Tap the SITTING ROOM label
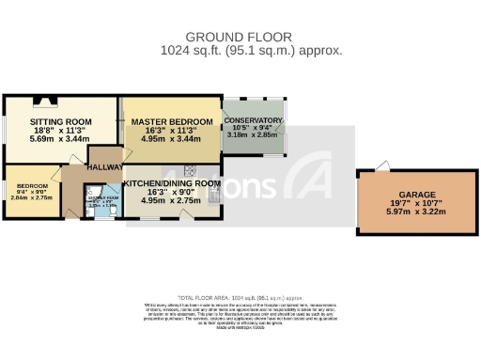[x=60, y=122]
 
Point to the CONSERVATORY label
[x=253, y=121]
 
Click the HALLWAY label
[x=104, y=166]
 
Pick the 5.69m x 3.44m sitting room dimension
[x=60, y=139]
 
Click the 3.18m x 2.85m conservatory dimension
[x=253, y=135]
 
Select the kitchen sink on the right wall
[x=215, y=195]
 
